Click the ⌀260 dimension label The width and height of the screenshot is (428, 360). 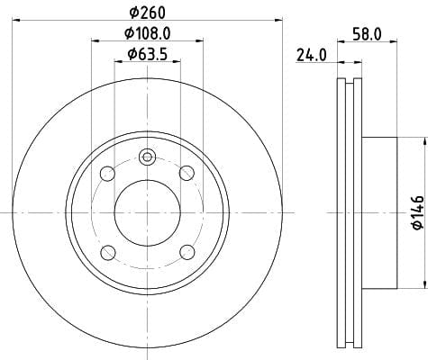tap(147, 13)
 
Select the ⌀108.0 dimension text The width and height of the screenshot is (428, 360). tap(148, 33)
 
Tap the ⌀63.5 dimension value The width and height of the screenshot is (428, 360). tap(147, 54)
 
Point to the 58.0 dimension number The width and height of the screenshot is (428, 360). tap(368, 34)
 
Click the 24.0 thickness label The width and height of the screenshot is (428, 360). tap(311, 55)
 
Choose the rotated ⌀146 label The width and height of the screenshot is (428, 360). tap(418, 212)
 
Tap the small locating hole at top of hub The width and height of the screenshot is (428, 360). tap(147, 157)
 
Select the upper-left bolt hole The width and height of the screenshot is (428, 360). tap(107, 174)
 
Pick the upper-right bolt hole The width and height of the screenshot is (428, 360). tap(187, 173)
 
